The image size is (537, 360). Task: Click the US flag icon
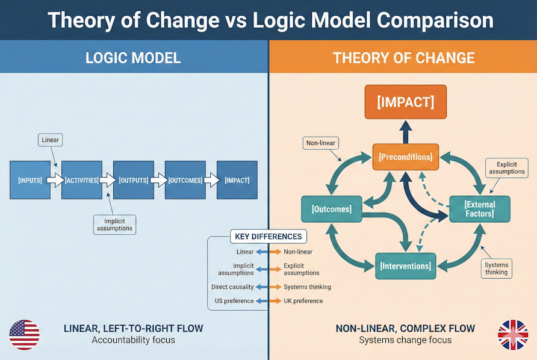pyautogui.click(x=25, y=335)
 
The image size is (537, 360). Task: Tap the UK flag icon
pyautogui.click(x=513, y=335)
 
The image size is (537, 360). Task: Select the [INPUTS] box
pyautogui.click(x=30, y=180)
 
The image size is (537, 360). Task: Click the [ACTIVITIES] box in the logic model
pyautogui.click(x=82, y=180)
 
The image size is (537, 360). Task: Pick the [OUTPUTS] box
pyautogui.click(x=134, y=180)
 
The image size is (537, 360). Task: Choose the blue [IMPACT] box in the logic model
pyautogui.click(x=237, y=180)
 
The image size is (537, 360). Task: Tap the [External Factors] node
pyautogui.click(x=479, y=209)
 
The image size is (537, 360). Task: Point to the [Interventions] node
pyautogui.click(x=405, y=265)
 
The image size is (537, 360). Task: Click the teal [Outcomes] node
pyautogui.click(x=331, y=209)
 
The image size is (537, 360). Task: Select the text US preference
pyautogui.click(x=234, y=301)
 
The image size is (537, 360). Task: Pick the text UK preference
pyautogui.click(x=303, y=301)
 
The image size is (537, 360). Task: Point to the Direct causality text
pyautogui.click(x=232, y=287)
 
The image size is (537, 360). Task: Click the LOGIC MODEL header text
pyautogui.click(x=133, y=58)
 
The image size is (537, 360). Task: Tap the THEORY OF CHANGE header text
pyautogui.click(x=403, y=58)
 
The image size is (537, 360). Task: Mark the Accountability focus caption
pyautogui.click(x=133, y=340)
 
